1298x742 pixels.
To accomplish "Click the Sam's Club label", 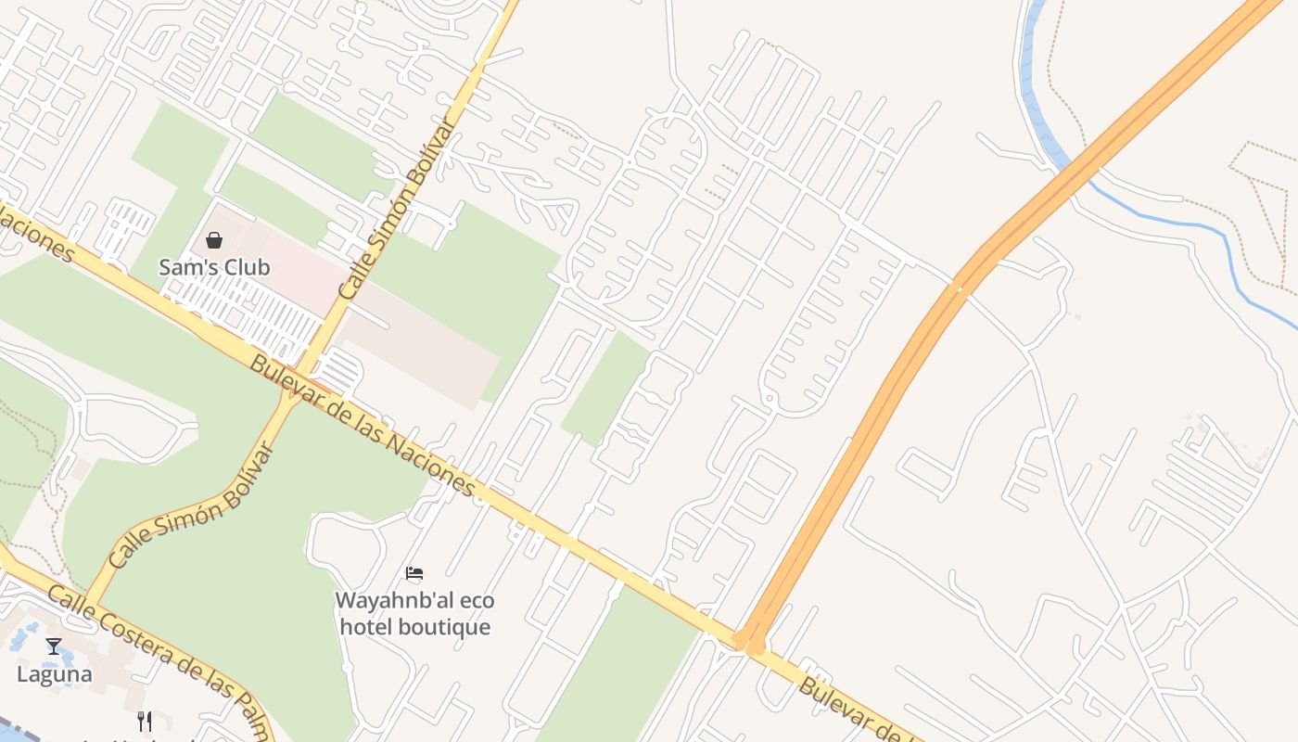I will (214, 267).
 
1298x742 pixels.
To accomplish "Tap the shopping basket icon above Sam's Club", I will (214, 241).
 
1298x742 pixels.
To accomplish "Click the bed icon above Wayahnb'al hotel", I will (414, 574).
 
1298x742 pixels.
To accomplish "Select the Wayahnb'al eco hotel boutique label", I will (414, 613).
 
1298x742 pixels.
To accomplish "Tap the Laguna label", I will (55, 674).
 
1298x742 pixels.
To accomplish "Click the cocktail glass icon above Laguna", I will (54, 646).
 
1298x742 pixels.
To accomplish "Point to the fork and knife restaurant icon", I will (145, 721).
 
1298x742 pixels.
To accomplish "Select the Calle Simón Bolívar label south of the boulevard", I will (192, 506).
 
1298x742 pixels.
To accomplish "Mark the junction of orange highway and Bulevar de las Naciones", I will (749, 641).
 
